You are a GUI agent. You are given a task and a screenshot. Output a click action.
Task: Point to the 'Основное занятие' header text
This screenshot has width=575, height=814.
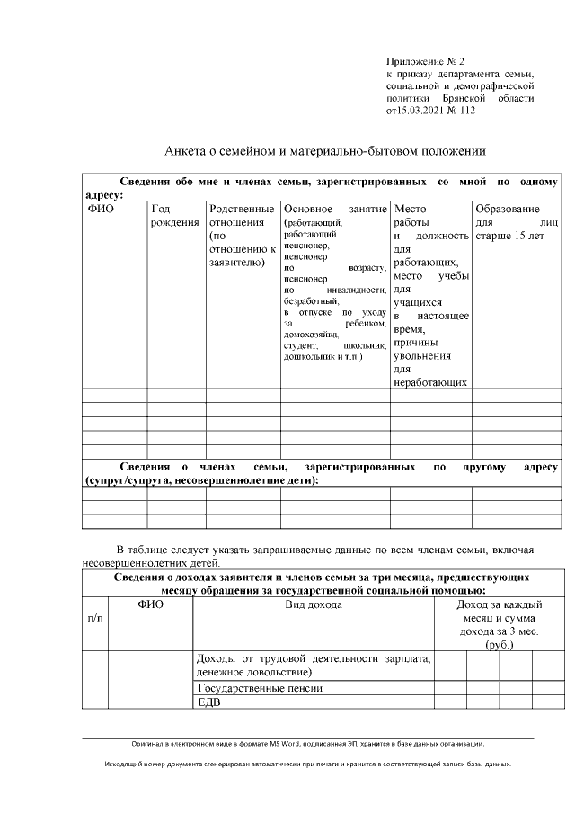pyautogui.click(x=334, y=209)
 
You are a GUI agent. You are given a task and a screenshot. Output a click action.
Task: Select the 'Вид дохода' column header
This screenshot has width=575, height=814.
pyautogui.click(x=313, y=605)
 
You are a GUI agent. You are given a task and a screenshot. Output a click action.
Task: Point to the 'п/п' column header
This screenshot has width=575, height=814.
pyautogui.click(x=94, y=619)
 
